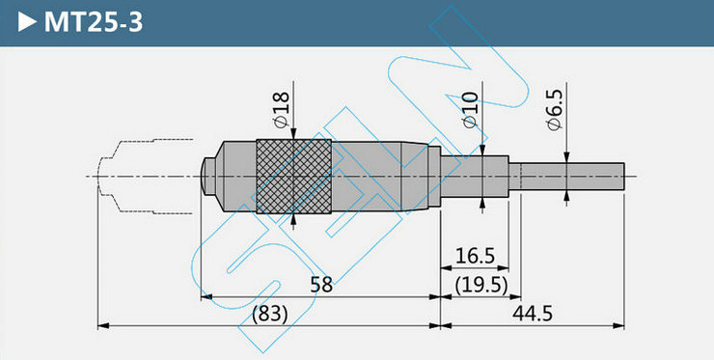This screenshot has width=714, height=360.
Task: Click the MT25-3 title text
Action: click(x=94, y=22)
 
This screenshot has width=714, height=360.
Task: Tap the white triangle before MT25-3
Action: click(x=27, y=22)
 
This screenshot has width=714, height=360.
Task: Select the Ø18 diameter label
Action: click(x=281, y=109)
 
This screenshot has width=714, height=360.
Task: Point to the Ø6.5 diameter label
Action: click(x=555, y=109)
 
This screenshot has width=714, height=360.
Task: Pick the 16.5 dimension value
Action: click(x=475, y=256)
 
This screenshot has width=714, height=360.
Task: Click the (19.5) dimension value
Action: click(x=481, y=286)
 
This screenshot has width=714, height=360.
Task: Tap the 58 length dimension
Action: click(x=321, y=285)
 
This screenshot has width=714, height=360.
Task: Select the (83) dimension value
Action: click(x=270, y=314)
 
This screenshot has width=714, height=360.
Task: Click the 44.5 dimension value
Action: click(x=533, y=314)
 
